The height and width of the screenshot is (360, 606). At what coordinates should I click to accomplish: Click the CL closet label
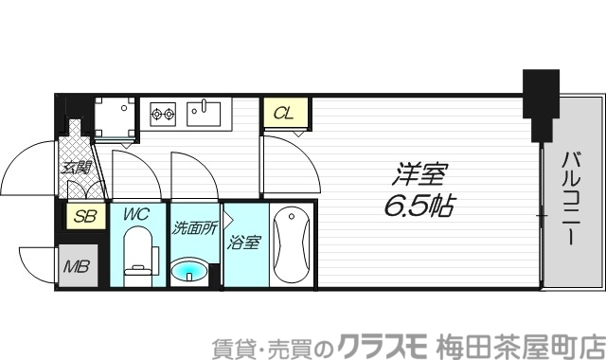(283, 115)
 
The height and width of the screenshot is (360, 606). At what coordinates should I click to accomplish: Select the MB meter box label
(76, 265)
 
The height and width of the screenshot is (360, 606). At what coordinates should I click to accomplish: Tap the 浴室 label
(243, 243)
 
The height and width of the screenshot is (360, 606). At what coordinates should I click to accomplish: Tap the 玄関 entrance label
(76, 169)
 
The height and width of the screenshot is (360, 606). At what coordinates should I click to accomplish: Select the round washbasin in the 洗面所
(192, 273)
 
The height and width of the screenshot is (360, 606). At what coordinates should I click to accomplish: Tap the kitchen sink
(204, 114)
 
